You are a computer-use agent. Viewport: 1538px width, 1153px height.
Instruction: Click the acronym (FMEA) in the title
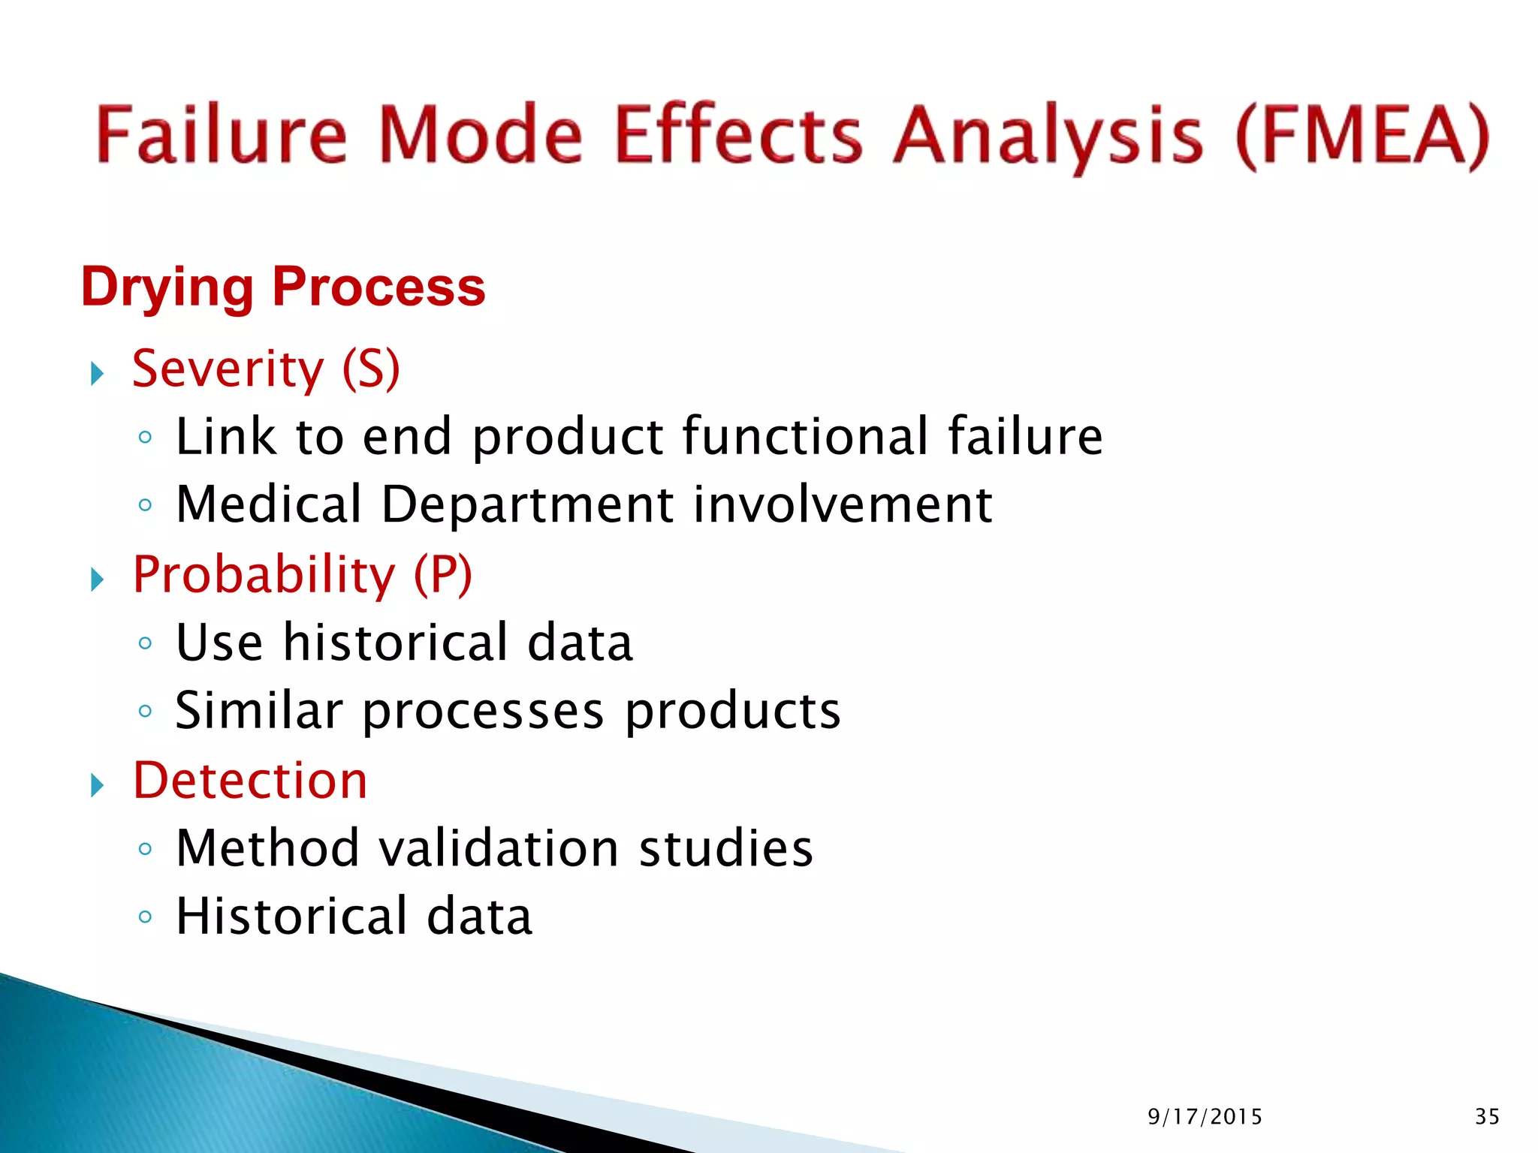[x=1362, y=135]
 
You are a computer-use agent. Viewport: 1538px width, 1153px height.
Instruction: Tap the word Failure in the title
[x=222, y=135]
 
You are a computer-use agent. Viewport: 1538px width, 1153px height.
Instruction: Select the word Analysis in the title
[x=1048, y=137]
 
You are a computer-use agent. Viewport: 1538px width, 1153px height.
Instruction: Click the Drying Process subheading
[x=283, y=287]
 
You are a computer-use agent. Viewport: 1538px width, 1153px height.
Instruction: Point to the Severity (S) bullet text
[x=266, y=369]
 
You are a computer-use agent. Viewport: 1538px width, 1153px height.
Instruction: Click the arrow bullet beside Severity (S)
[x=97, y=373]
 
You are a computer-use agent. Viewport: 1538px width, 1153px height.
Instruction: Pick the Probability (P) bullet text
[x=302, y=575]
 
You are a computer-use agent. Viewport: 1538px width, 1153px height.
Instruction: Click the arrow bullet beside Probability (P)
[x=97, y=580]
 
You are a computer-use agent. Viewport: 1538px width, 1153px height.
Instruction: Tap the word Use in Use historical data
[x=219, y=643]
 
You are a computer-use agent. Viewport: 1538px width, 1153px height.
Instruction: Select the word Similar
[x=258, y=710]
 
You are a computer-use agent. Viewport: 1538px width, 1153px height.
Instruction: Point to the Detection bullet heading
[x=250, y=781]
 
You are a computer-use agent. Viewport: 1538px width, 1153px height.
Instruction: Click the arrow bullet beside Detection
[x=97, y=786]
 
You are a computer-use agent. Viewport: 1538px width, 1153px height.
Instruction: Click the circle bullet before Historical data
[x=145, y=917]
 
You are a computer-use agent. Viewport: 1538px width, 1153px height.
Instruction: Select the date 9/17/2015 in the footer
[x=1205, y=1117]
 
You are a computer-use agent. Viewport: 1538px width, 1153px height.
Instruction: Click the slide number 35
[x=1487, y=1117]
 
